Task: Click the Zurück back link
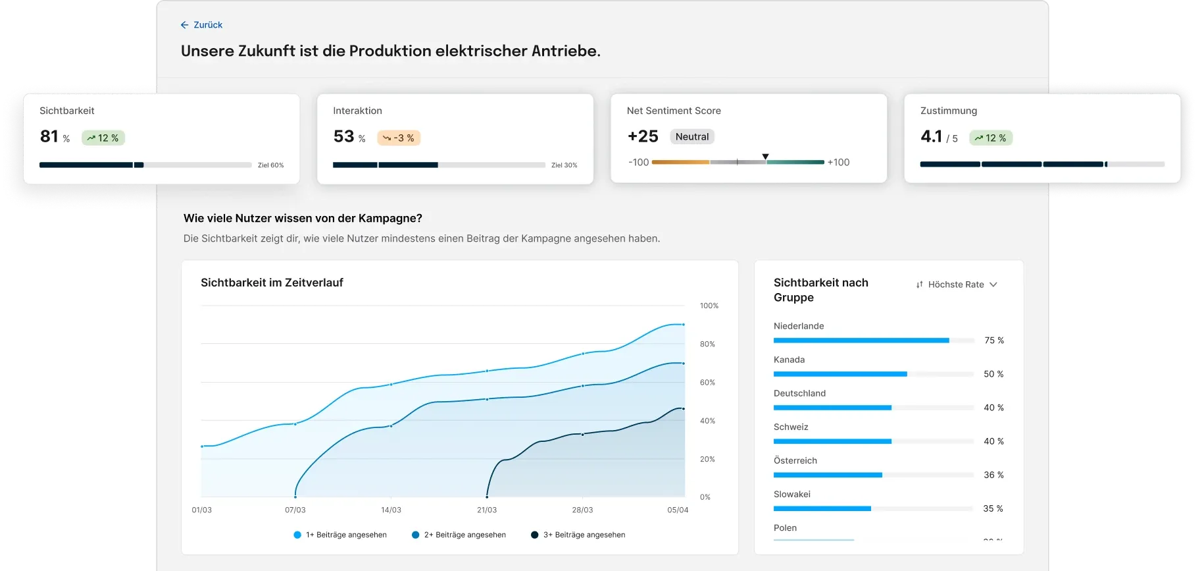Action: (202, 25)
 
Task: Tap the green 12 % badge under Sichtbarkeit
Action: (103, 138)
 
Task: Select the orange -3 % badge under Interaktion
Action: (399, 138)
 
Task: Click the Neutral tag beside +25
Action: (692, 136)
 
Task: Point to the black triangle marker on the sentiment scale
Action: (765, 157)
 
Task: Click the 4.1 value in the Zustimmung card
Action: (931, 136)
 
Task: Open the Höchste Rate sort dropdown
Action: (957, 285)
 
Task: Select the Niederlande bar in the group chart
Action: (861, 340)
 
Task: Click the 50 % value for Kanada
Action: (993, 374)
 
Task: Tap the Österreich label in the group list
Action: (795, 460)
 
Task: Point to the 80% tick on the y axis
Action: (707, 344)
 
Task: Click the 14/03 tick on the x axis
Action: (391, 510)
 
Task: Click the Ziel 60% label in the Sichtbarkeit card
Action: (270, 165)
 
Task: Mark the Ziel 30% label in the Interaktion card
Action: (564, 165)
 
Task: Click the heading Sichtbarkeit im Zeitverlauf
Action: (272, 283)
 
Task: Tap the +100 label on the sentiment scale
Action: (838, 162)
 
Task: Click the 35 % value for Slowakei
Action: (993, 508)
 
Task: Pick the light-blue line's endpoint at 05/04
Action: (683, 325)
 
